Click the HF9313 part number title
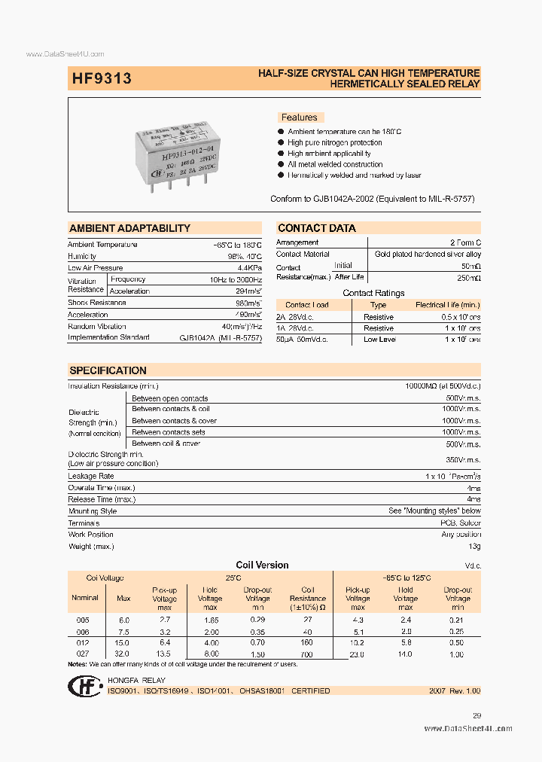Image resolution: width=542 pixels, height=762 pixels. [x=102, y=78]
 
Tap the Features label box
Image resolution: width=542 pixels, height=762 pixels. [x=300, y=117]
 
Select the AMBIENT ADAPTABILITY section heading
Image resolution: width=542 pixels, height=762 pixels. [x=129, y=228]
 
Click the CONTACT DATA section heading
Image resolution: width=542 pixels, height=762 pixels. [x=317, y=228]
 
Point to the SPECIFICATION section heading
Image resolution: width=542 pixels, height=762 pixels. [x=108, y=370]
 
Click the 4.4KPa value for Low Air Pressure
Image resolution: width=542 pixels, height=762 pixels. [x=249, y=268]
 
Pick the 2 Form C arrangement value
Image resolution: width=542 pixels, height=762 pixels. [x=465, y=242]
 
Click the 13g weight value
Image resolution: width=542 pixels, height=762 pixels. [x=474, y=546]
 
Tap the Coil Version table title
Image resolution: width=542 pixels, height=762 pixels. [x=262, y=565]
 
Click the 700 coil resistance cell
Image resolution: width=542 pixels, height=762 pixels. [x=307, y=654]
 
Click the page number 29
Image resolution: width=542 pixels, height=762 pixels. [x=476, y=716]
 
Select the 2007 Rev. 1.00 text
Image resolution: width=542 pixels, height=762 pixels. [x=455, y=690]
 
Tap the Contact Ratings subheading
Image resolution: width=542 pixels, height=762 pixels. [x=373, y=293]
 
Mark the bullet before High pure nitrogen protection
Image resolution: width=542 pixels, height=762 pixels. [x=281, y=142]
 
